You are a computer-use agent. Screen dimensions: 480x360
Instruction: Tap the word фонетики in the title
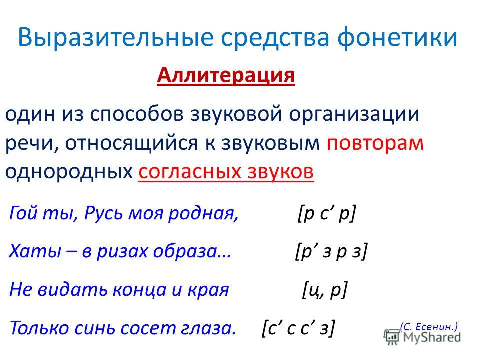pos(397,38)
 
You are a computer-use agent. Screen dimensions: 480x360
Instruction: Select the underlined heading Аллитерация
pos(226,75)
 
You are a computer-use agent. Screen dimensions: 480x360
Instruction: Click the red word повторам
pos(375,143)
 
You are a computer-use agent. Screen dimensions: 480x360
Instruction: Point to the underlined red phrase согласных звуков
pos(226,171)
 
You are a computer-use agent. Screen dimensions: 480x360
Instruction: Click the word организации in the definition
pos(354,114)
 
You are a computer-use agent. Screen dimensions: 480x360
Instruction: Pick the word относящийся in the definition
pos(131,143)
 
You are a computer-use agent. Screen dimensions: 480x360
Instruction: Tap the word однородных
pos(69,171)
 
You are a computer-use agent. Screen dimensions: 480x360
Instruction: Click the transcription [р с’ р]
pos(326,213)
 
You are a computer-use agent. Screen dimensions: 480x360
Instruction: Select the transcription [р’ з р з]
pos(331,252)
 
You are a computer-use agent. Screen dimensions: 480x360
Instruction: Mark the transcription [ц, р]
pos(325,290)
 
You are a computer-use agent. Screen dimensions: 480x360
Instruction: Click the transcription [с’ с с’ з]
pos(298,328)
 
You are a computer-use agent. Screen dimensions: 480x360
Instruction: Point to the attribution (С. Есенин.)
pos(429,327)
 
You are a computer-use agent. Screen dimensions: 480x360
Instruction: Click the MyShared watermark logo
pos(423,338)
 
